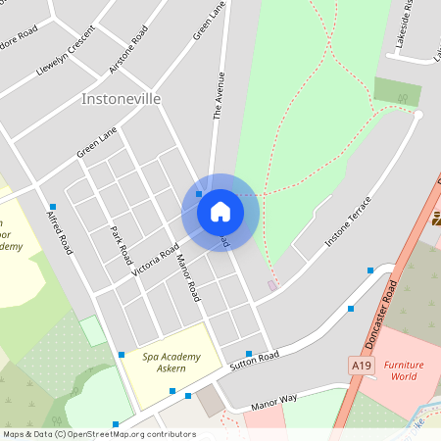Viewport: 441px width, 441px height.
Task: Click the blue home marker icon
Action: pos(220,212)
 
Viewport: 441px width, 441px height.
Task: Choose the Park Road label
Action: pos(121,245)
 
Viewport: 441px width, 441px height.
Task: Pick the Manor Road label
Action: pos(187,277)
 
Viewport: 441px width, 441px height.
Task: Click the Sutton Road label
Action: pos(255,362)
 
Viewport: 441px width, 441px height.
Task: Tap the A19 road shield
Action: pos(363,365)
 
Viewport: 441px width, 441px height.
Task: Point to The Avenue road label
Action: pos(220,95)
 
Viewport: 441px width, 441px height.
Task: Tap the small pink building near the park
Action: pos(272,285)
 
